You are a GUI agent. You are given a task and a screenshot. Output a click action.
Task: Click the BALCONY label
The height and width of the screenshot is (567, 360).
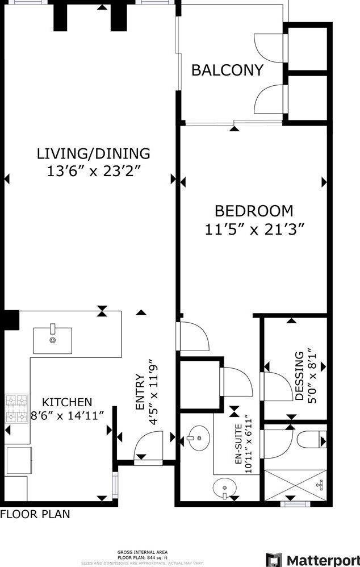click(x=227, y=70)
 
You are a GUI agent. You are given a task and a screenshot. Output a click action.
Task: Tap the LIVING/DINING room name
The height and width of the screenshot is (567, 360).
click(x=94, y=153)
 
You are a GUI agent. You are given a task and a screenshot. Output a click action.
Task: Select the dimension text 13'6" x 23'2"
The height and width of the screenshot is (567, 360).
click(x=94, y=171)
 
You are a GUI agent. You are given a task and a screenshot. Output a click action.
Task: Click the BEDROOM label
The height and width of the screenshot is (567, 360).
click(x=254, y=211)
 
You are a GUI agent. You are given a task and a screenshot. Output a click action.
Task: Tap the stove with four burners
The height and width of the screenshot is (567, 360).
click(x=16, y=409)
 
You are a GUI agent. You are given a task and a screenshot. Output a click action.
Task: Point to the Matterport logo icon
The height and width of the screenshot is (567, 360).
click(x=275, y=560)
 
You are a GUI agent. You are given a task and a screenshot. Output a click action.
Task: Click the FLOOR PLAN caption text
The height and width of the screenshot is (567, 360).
click(x=35, y=515)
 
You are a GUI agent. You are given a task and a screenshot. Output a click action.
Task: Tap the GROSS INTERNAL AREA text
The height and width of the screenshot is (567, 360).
click(x=142, y=552)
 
